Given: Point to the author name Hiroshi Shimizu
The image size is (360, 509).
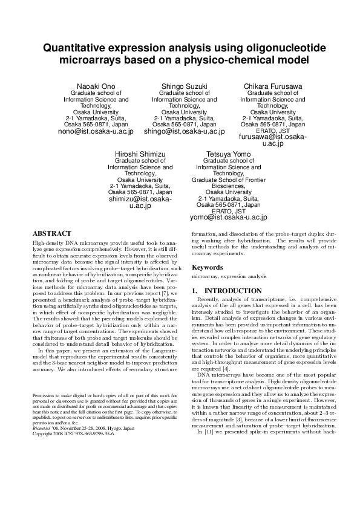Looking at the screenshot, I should [140, 154].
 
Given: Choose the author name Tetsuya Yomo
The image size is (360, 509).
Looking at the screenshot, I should [228, 154].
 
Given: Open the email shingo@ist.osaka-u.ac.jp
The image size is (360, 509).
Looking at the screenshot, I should [184, 131].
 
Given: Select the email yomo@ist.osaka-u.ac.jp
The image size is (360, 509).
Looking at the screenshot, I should [228, 217].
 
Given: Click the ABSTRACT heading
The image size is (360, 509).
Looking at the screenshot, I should [52, 233].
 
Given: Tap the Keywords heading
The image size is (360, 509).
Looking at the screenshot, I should [208, 267].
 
